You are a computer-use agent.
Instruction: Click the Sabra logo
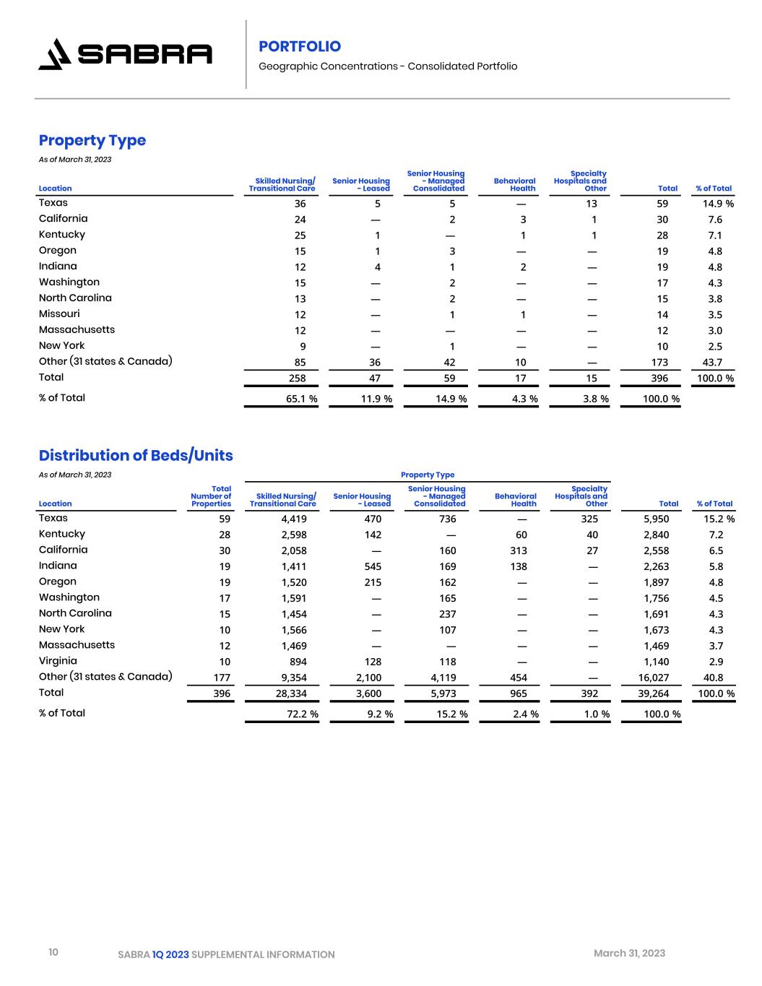(125, 54)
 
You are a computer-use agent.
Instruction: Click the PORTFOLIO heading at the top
(300, 47)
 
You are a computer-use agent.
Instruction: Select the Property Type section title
(92, 140)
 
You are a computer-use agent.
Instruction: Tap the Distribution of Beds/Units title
(136, 455)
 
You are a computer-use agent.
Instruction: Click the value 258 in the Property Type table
(297, 378)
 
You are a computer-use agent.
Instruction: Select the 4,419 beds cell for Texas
(293, 519)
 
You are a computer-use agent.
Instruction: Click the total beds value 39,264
(656, 693)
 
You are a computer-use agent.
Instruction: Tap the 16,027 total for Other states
(656, 678)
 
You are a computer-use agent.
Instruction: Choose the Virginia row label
(58, 661)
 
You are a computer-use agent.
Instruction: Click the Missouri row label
(59, 314)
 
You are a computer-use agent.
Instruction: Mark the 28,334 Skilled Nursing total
(291, 693)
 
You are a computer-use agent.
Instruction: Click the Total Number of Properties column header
(212, 496)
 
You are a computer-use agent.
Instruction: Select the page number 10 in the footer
(53, 953)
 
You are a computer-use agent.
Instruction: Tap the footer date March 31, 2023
(629, 953)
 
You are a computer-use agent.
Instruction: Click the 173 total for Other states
(659, 363)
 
